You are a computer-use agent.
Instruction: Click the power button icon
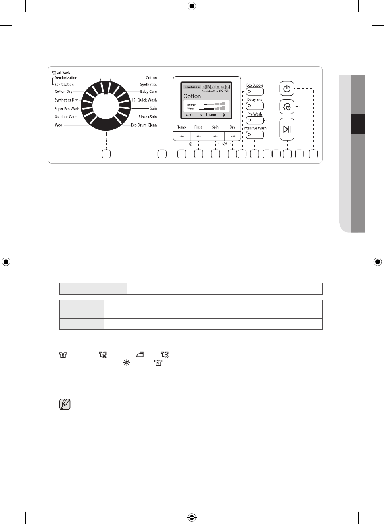pyautogui.click(x=287, y=89)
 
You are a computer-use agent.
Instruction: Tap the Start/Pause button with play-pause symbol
pyautogui.click(x=287, y=129)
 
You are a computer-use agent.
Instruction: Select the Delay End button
pyautogui.click(x=255, y=106)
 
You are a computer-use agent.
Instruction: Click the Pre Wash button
pyautogui.click(x=255, y=120)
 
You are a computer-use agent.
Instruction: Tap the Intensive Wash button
pyautogui.click(x=255, y=135)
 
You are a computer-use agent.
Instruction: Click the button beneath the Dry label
pyautogui.click(x=233, y=136)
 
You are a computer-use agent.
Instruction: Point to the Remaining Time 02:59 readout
pyautogui.click(x=215, y=91)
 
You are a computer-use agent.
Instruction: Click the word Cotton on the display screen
pyautogui.click(x=192, y=96)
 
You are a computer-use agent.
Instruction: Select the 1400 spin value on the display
pyautogui.click(x=212, y=115)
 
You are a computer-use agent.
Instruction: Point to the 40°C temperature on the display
pyautogui.click(x=189, y=115)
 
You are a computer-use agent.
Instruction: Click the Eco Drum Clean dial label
pyautogui.click(x=144, y=125)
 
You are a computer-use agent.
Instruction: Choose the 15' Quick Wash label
pyautogui.click(x=144, y=100)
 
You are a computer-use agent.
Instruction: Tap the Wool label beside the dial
pyautogui.click(x=59, y=125)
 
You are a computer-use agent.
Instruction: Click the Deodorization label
pyautogui.click(x=66, y=78)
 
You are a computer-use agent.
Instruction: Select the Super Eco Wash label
pyautogui.click(x=67, y=109)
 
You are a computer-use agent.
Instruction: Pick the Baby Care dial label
pyautogui.click(x=148, y=91)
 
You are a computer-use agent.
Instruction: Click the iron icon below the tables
pyautogui.click(x=140, y=355)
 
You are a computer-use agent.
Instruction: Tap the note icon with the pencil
pyautogui.click(x=65, y=404)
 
